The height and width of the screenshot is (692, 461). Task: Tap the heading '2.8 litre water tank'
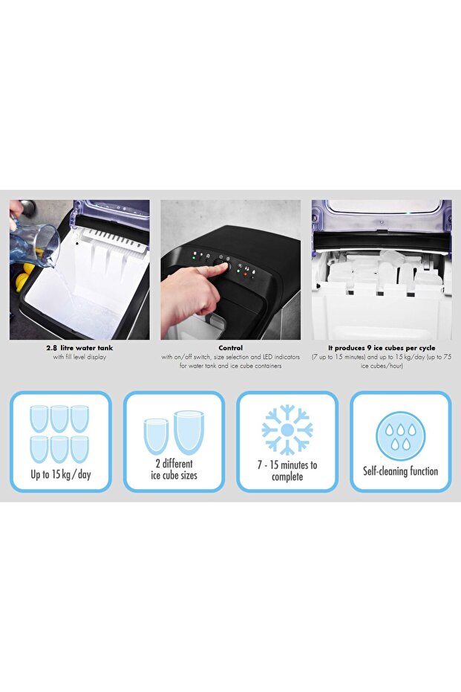point(79,348)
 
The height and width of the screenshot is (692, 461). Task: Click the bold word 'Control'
point(230,348)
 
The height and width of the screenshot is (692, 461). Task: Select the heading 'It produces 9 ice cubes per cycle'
point(382,348)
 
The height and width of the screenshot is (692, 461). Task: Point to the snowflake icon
point(287,430)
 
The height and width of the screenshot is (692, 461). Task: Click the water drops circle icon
point(401,436)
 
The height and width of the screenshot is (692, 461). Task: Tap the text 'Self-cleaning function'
point(401,471)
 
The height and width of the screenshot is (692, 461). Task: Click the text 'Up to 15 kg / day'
point(61,474)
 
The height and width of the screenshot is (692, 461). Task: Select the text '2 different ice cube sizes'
point(174,469)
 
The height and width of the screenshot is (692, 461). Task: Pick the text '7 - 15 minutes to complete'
point(287,471)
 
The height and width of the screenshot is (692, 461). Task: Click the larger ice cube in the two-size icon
point(189,433)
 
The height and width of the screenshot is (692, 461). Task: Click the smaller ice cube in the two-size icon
point(157,436)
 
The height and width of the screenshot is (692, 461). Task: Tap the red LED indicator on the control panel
point(245,274)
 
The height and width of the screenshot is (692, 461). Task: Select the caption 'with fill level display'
point(79,357)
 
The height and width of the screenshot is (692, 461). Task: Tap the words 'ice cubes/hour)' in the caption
point(382,366)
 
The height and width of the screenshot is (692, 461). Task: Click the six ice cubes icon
point(59,434)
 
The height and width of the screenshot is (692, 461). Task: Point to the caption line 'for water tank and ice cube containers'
point(230,366)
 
